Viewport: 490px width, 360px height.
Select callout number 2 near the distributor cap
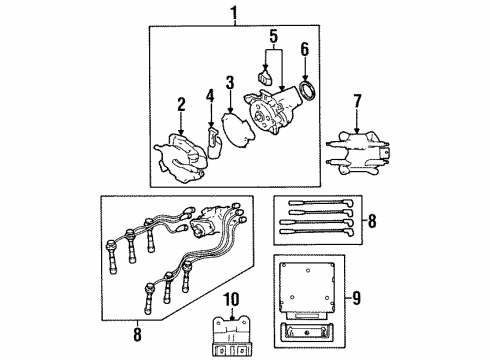tap(182, 105)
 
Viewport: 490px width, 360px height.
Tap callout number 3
tap(229, 82)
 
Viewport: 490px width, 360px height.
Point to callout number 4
tap(210, 96)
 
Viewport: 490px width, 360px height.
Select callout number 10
tap(231, 300)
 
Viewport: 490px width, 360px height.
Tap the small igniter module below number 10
tap(231, 334)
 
